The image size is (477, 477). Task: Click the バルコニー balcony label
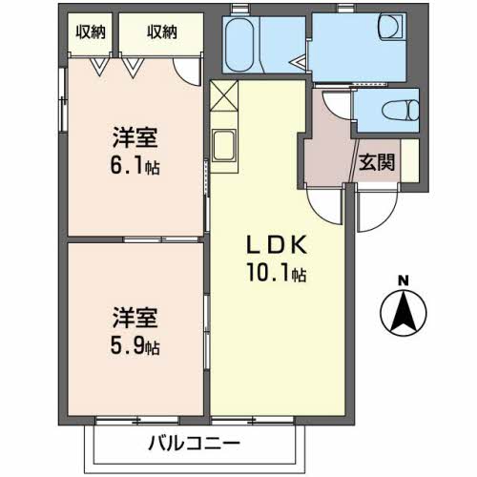pyautogui.click(x=194, y=444)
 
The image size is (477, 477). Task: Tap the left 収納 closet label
pyautogui.click(x=91, y=31)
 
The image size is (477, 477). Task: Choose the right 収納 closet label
pyautogui.click(x=161, y=31)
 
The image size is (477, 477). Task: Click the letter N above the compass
pyautogui.click(x=403, y=280)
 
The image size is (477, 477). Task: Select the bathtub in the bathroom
pyautogui.click(x=241, y=44)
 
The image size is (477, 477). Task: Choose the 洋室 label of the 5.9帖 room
pyautogui.click(x=133, y=316)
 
